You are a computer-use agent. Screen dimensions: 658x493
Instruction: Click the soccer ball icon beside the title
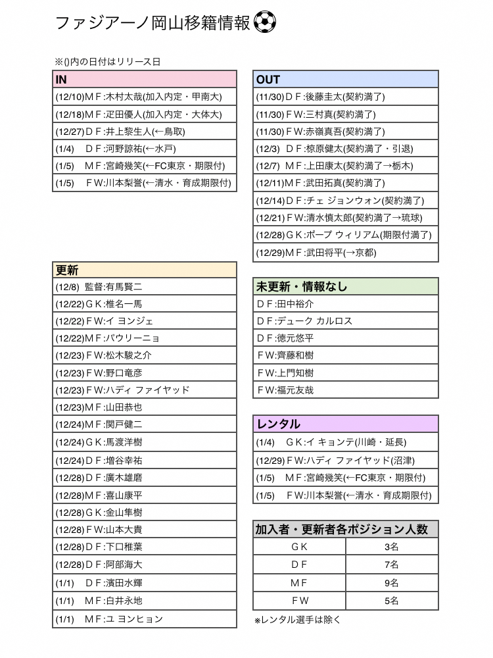click(x=264, y=23)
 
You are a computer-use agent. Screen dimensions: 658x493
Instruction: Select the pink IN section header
click(x=144, y=80)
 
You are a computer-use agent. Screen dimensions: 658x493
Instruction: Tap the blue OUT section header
click(x=346, y=80)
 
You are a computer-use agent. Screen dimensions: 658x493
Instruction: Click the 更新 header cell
click(x=144, y=270)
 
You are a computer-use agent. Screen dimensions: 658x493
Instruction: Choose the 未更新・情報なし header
click(x=346, y=287)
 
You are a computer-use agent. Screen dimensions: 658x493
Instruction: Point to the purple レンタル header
click(x=346, y=424)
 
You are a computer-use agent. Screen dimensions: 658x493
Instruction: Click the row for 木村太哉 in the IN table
click(x=144, y=97)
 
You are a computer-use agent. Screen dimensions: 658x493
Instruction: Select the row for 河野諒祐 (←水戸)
click(x=144, y=149)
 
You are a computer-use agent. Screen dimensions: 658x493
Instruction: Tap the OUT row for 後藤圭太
click(x=346, y=97)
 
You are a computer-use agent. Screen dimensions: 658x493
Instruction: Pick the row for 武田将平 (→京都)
click(x=346, y=253)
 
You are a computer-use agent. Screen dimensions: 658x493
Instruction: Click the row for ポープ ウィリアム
click(x=346, y=235)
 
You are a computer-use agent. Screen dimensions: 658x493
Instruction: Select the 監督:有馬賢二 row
click(x=144, y=287)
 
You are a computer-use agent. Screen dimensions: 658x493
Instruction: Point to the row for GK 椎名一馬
click(x=144, y=304)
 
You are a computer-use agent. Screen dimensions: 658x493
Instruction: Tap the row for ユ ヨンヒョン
click(x=144, y=619)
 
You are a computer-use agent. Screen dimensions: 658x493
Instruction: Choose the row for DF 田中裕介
click(x=346, y=304)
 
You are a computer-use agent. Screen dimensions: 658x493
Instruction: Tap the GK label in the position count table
click(x=300, y=547)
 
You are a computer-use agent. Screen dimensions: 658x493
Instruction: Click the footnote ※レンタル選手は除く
click(x=298, y=620)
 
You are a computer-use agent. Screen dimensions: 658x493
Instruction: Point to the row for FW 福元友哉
click(x=346, y=390)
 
